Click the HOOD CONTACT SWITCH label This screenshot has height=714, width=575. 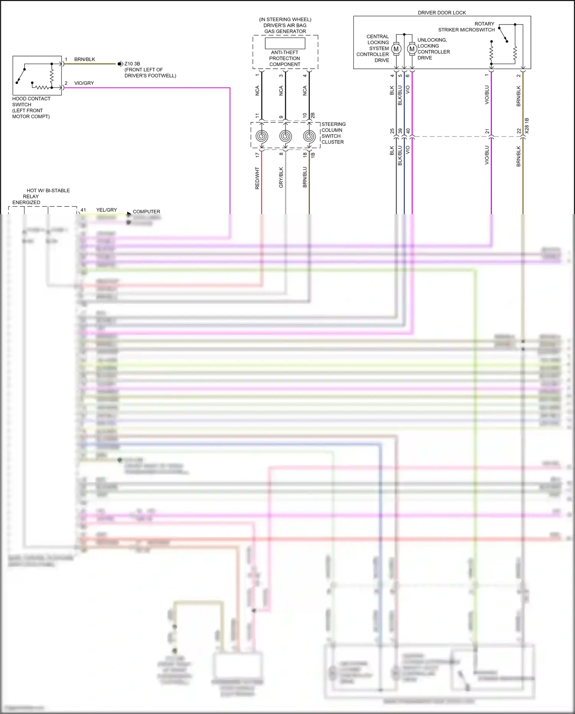pos(31,107)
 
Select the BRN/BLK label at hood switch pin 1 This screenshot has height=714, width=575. pos(85,59)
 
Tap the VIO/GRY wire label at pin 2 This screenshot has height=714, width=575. pos(84,83)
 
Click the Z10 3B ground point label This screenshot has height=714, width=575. pos(132,64)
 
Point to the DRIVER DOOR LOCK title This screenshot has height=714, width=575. pos(442,13)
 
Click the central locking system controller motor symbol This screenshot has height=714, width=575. pos(396,49)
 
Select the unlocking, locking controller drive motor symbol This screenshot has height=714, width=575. pos(412,49)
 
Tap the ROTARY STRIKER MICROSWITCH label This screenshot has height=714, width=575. pos(467,27)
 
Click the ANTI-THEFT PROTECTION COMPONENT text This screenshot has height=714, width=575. pos(284,58)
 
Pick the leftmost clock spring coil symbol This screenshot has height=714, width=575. pos(262,137)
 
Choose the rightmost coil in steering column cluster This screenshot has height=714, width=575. pos(309,137)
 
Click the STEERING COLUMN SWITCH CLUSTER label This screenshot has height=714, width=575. pos(333,133)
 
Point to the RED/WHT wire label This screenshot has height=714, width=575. pos(257,178)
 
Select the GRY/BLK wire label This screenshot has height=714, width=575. pos(281,177)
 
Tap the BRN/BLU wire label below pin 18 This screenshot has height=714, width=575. pos(305,177)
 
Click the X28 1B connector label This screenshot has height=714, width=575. pos(527,125)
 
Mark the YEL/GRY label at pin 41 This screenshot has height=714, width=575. pos(107,210)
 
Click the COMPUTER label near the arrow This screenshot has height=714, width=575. pos(146,212)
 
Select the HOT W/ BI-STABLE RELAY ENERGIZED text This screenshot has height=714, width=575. pos(41,196)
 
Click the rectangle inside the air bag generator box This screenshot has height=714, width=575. pos(285,43)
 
